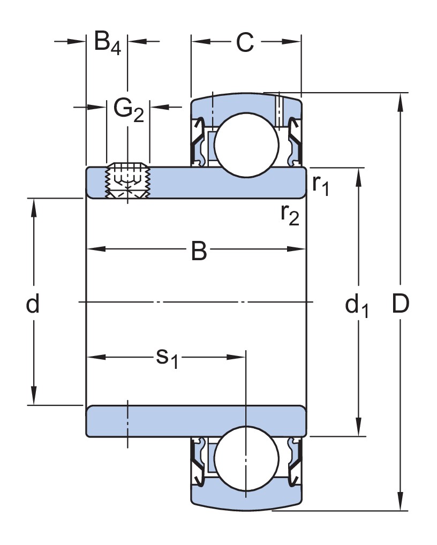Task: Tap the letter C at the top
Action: pos(245,43)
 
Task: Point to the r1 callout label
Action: pos(320,185)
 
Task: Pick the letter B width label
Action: pos(199,251)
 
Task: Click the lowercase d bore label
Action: pos(33,305)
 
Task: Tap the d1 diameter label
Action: pos(357,306)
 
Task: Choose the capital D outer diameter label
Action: pos(400,305)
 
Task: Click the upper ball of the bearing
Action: pos(247,143)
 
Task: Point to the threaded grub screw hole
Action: pos(127,181)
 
